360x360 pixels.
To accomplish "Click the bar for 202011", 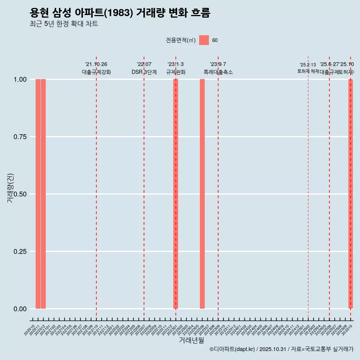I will pos(38,194).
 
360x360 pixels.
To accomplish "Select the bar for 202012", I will pos(43,194).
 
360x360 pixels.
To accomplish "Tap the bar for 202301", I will pos(175,194).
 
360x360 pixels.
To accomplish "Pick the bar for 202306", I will pos(202,194).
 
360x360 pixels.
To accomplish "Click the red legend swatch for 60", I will pos(204,40).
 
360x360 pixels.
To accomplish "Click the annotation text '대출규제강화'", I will pos(96,72).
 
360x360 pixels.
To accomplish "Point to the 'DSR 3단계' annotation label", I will pos(144,72).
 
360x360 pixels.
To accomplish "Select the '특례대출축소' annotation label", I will pos(218,72).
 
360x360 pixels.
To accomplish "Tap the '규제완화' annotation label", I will pos(176,72).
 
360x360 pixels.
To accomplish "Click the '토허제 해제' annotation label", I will pos(308,71).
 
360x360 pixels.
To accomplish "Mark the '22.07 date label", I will pos(144,64).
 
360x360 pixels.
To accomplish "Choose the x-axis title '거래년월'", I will pos(191,340).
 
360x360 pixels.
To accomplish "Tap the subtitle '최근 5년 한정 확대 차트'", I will pos(64,24).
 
